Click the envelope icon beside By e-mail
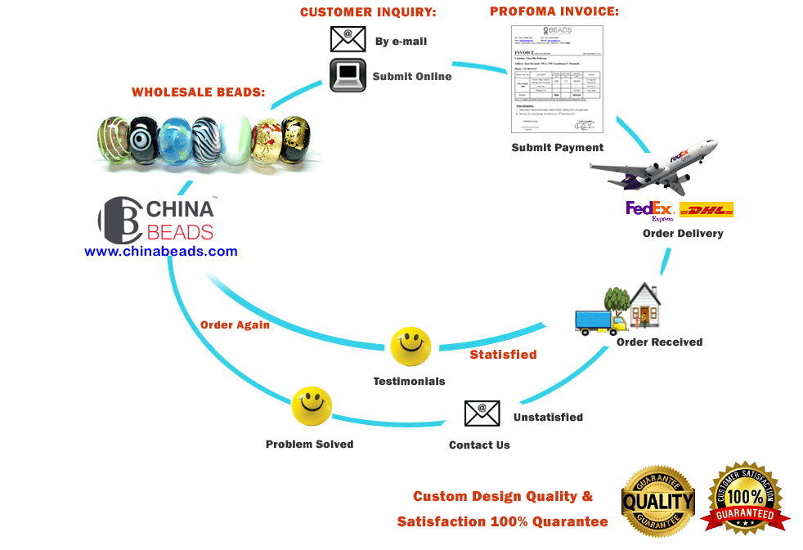tap(348, 39)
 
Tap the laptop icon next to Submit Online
tap(348, 75)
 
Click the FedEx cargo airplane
tap(653, 169)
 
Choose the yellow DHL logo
tap(707, 210)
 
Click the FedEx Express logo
tap(650, 211)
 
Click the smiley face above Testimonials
tap(410, 347)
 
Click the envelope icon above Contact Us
tap(482, 414)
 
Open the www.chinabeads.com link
tap(161, 252)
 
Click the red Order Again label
tap(235, 324)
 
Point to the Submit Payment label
tap(557, 148)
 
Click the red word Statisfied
tap(503, 355)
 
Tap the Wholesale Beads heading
tap(198, 92)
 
